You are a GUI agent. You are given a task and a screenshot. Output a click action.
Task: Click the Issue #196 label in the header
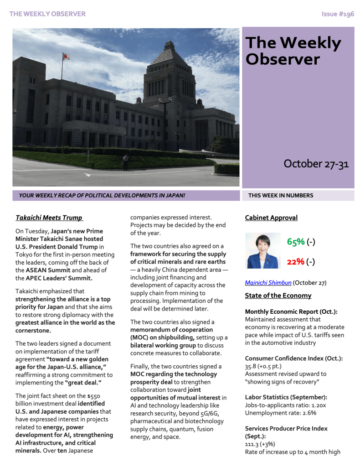338,14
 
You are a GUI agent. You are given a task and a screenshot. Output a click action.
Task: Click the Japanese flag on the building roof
66,57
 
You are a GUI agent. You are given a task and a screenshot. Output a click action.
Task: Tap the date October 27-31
316,164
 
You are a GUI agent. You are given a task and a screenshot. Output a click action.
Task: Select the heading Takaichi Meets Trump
49,218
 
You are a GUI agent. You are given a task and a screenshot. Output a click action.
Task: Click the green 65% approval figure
296,242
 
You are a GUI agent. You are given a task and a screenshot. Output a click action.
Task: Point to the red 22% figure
296,262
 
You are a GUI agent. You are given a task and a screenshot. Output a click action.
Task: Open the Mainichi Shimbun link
268,283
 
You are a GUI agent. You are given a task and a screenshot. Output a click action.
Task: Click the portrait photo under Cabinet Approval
263,251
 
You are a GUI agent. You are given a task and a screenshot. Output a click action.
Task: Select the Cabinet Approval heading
271,218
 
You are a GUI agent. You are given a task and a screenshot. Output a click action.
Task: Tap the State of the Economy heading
278,296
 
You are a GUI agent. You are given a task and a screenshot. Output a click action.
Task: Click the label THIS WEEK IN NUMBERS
281,196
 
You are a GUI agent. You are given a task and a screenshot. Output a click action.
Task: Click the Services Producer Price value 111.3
253,444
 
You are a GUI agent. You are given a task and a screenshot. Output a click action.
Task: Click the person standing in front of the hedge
125,161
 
